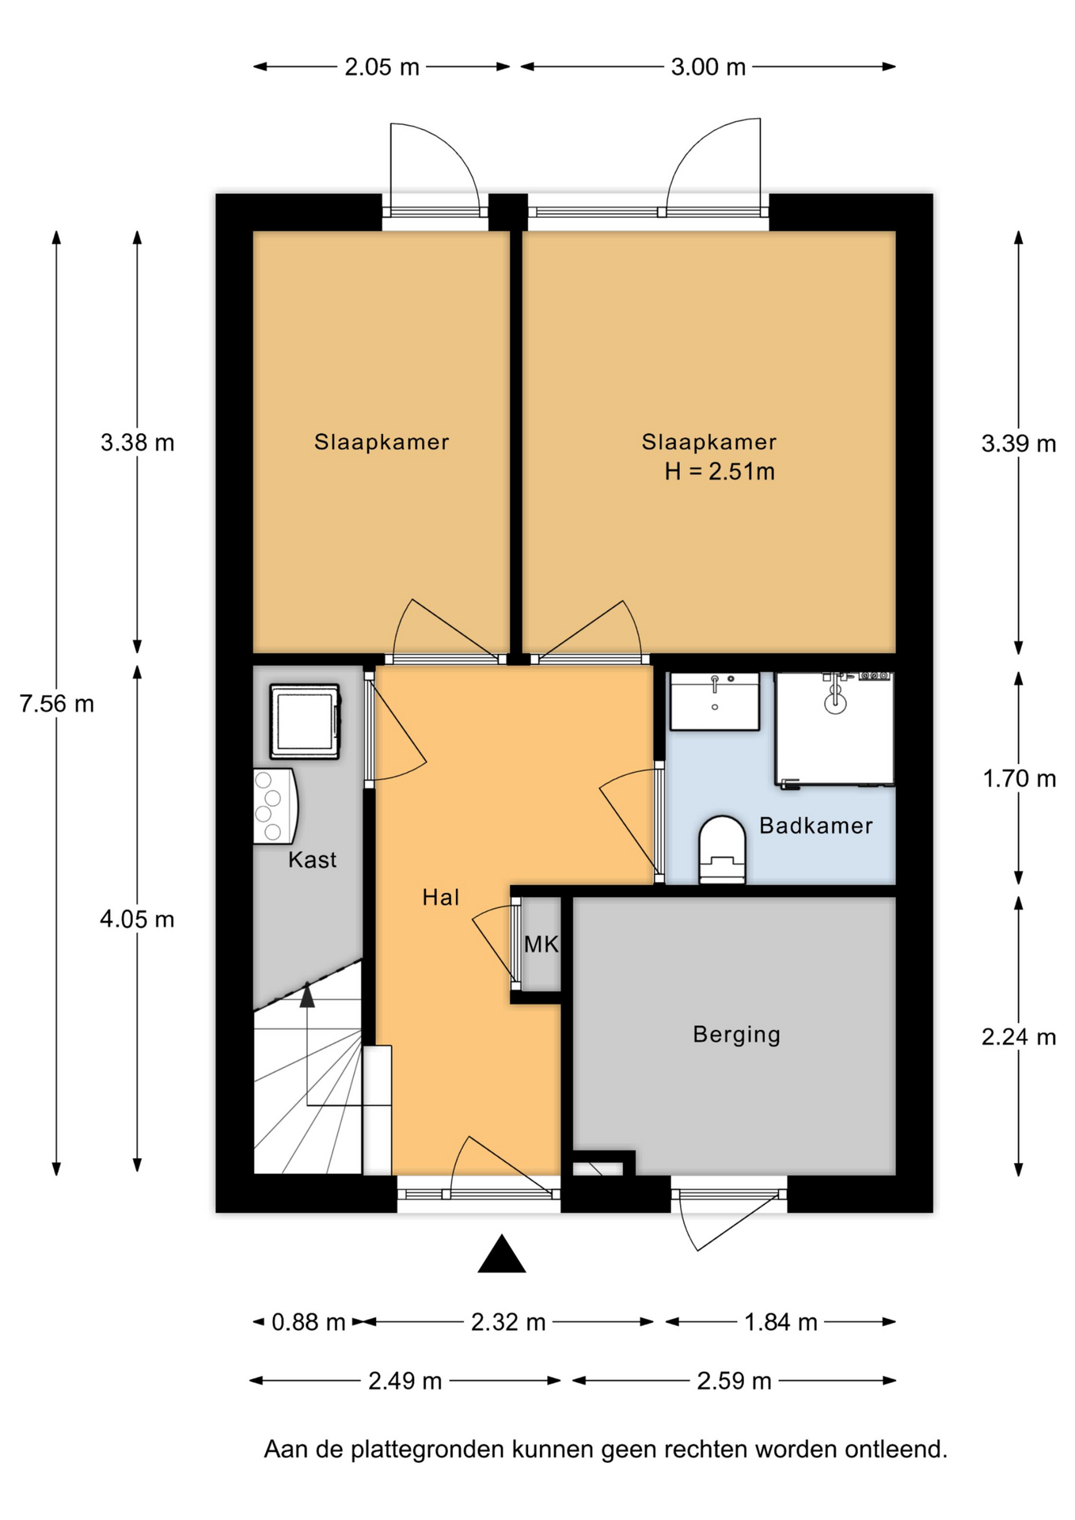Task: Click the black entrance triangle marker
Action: pos(502,1254)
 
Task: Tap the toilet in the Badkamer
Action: pos(722,849)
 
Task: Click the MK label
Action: pos(541,944)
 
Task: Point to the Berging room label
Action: pos(737,1035)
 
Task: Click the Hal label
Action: pos(441,897)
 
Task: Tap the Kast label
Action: pos(312,860)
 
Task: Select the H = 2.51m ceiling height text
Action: pos(720,472)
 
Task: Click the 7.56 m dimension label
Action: pos(57,703)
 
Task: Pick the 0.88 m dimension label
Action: pos(309,1322)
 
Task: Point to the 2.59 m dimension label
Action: pos(734,1381)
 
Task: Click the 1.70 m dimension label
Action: pos(1020,779)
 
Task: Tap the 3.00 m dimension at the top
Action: pos(708,67)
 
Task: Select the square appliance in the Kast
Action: pos(305,721)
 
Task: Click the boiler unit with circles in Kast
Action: pos(274,806)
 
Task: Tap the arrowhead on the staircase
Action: pos(307,995)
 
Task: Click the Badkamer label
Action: pos(816,826)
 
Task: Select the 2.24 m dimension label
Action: pos(1019,1036)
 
